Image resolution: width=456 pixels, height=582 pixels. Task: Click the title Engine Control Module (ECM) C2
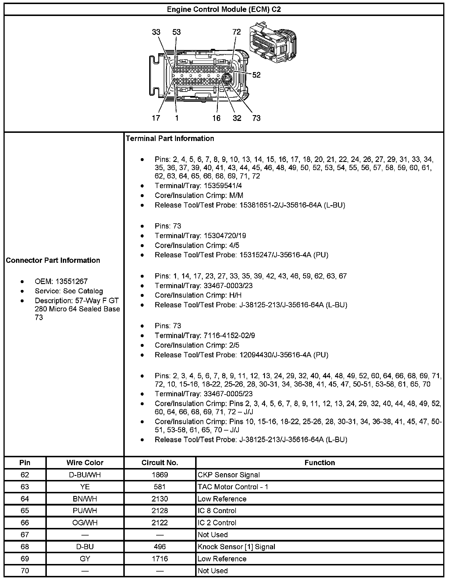click(224, 10)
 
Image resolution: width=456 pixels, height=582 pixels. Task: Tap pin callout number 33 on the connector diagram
click(156, 32)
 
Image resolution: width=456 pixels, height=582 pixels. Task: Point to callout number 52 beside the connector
click(256, 75)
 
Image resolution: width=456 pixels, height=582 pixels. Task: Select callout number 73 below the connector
click(256, 118)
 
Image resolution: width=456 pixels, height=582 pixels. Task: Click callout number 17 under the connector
click(156, 118)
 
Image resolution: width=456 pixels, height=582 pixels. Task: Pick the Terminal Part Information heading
click(170, 139)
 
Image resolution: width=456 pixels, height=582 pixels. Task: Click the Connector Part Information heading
click(53, 260)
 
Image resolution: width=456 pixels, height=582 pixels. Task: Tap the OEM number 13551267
click(72, 281)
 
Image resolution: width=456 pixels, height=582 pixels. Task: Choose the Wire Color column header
click(85, 463)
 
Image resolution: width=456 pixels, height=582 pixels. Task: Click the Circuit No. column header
click(160, 463)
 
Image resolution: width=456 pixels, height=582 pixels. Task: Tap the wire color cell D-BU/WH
click(85, 475)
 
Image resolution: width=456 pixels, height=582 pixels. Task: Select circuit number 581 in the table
click(160, 487)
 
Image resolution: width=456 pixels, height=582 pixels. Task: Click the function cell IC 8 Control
click(217, 511)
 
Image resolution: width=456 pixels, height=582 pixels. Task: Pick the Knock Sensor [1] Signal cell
click(236, 547)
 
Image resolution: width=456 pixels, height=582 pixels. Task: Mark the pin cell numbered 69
click(25, 559)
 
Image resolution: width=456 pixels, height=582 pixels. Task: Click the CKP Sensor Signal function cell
click(229, 475)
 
